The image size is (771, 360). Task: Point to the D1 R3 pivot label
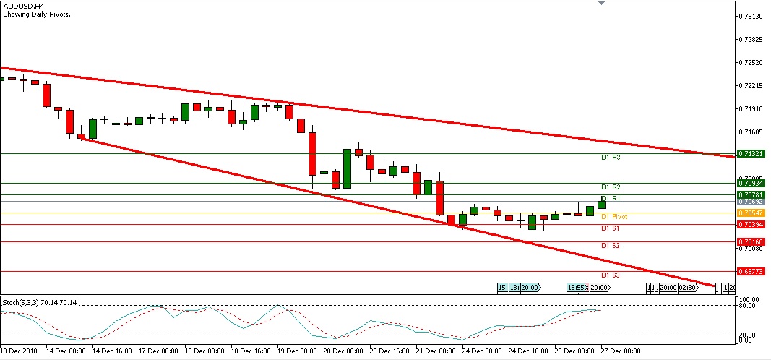[611, 157]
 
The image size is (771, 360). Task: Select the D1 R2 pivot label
[611, 187]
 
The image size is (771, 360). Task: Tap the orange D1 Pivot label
[614, 216]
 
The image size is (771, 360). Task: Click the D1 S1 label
[611, 228]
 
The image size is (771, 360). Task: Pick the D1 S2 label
[611, 246]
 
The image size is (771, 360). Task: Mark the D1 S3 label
[611, 275]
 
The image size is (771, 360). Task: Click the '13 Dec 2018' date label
[20, 351]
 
